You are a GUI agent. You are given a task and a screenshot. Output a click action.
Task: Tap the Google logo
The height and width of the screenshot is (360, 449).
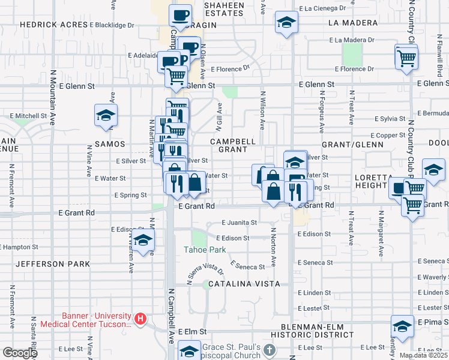point(20,353)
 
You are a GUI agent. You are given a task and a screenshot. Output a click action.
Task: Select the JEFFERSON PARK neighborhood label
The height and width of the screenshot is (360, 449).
point(53,264)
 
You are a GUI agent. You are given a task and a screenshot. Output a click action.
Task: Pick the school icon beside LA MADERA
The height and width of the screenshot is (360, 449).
point(286,22)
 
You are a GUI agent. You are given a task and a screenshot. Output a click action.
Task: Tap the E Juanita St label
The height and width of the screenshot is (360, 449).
point(239,222)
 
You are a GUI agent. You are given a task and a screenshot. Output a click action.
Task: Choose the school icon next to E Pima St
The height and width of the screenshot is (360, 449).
point(402,326)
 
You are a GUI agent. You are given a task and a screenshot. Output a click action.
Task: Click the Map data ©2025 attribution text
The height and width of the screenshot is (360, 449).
point(423,355)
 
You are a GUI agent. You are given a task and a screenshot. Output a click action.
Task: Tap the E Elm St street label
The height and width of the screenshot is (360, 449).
point(192,331)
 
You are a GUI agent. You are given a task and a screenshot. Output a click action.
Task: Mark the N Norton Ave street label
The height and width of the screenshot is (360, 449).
point(273,247)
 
